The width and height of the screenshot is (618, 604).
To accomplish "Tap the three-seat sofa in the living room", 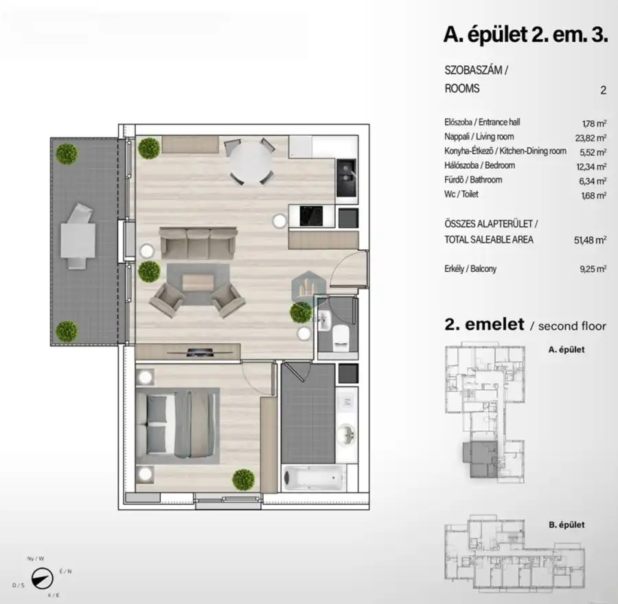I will tap(198, 242).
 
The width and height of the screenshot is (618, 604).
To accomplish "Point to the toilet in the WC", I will tap(341, 337).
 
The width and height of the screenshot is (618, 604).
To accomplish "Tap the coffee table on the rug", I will tap(198, 281).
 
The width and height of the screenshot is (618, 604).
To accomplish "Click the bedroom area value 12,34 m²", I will tap(593, 167).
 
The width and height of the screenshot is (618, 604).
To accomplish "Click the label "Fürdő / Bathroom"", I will tap(473, 180).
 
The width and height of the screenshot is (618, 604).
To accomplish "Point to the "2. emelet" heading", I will tap(485, 324).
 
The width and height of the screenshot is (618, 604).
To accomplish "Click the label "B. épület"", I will tap(566, 525).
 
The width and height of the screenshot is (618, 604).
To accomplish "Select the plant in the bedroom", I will tap(243, 478).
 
